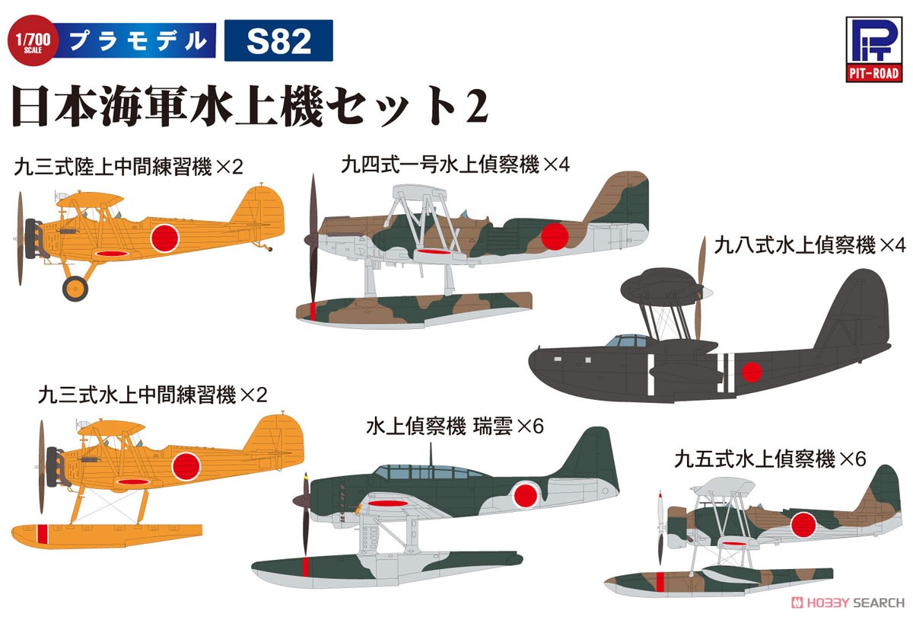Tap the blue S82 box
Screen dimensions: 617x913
pos(278,40)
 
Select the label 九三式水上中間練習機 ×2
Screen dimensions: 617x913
pos(153,395)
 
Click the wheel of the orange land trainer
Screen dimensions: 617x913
pos(75,287)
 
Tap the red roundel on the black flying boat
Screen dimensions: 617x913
pos(752,372)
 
